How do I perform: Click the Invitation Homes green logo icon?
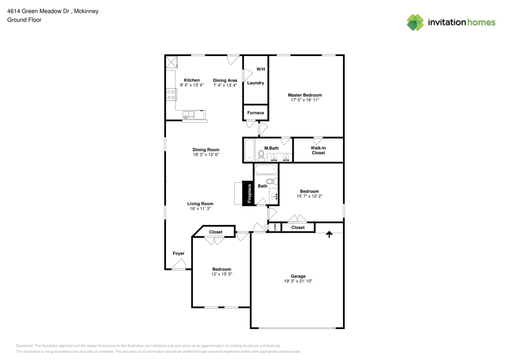[x=415, y=22]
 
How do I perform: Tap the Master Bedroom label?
[x=305, y=95]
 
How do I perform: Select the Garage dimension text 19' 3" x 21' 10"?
[x=298, y=281]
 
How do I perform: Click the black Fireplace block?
[x=248, y=193]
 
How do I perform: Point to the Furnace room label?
[x=256, y=113]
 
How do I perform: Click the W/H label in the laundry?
[x=261, y=69]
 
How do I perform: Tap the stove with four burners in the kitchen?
[x=171, y=95]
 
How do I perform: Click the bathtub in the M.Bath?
[x=249, y=150]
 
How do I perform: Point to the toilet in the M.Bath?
[x=261, y=156]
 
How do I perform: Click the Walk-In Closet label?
[x=318, y=150]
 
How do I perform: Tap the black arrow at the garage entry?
[x=329, y=234]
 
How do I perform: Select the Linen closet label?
[x=275, y=227]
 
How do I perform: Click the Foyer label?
[x=179, y=253]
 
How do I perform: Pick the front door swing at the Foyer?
[x=179, y=265]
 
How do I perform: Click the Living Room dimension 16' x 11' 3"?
[x=200, y=209]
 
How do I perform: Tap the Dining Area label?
[x=225, y=80]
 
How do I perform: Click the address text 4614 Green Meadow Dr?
[x=38, y=11]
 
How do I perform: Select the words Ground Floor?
[x=24, y=20]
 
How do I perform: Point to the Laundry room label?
[x=256, y=83]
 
